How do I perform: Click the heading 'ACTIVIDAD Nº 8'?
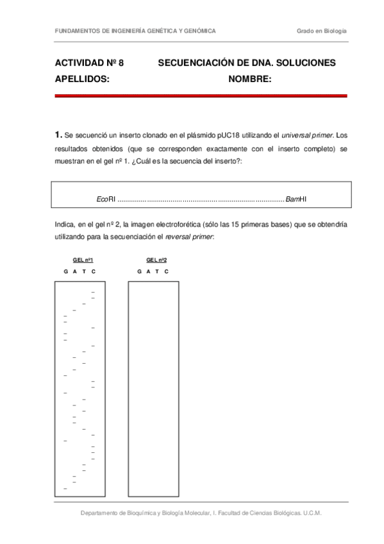click(89, 63)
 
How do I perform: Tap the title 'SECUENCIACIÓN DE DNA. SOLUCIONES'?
click(247, 63)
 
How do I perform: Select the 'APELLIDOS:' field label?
click(82, 79)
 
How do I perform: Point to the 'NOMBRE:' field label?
click(250, 79)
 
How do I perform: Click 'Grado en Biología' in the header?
click(321, 31)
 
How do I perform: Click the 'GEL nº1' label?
click(84, 260)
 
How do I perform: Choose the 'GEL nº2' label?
click(157, 260)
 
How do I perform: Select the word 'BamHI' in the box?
click(296, 200)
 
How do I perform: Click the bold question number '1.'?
click(59, 135)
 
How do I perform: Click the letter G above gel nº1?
click(65, 271)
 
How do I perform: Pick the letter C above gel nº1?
click(94, 271)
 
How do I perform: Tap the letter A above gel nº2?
click(148, 271)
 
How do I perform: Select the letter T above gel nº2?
click(158, 271)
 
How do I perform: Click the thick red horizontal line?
click(201, 96)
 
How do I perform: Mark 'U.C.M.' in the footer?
click(312, 513)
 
